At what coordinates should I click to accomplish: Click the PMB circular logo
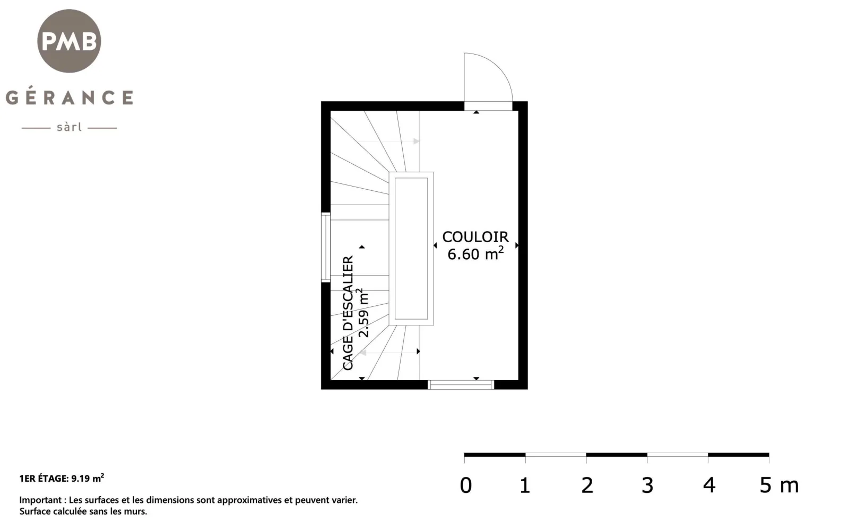coord(69,41)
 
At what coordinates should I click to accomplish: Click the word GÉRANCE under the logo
coord(70,98)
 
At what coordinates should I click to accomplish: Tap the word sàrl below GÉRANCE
coord(70,127)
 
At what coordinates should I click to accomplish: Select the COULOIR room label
coord(475,237)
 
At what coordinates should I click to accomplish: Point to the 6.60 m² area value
coord(475,254)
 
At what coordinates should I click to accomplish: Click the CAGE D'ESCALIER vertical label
coord(348,313)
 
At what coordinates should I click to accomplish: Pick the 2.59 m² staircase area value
coord(363,313)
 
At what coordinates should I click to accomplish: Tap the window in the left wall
coord(326,247)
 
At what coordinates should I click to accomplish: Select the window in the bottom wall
coord(461,385)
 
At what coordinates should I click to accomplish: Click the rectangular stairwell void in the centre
coord(411,249)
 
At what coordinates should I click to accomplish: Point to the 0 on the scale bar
coord(466,485)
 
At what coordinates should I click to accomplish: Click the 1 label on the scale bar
coord(525,485)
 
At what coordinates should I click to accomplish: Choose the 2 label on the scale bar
coord(587,485)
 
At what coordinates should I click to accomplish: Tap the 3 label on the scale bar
coord(647,485)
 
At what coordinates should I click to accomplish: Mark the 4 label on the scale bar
coord(709,485)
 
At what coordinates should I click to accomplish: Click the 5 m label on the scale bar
coord(779,485)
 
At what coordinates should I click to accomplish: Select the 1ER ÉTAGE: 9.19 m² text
coord(62,478)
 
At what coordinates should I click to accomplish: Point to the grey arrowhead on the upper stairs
coord(417,141)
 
